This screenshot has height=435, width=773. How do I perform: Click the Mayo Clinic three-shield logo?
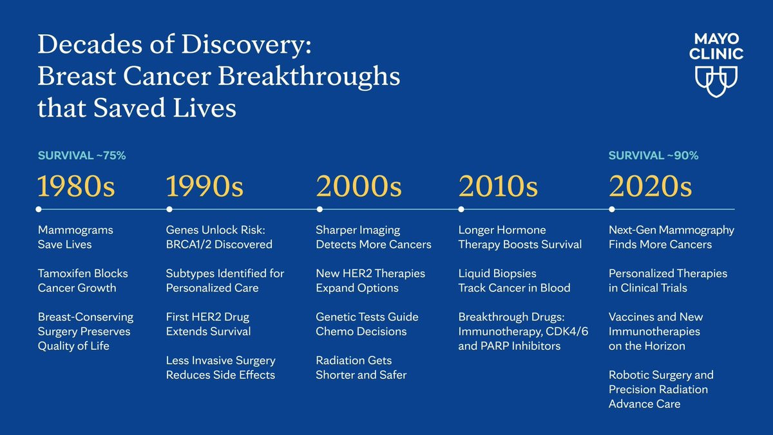716,82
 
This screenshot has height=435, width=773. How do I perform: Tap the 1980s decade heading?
76,186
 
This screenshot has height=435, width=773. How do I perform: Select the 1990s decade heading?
205,186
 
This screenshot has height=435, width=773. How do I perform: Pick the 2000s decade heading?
359,186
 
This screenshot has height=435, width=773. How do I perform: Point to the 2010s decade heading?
498,186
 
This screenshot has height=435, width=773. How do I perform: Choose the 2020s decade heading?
651,186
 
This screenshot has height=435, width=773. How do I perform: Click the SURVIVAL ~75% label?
82,156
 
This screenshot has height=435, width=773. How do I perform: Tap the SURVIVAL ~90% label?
654,156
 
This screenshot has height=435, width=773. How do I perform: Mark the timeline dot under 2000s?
320,209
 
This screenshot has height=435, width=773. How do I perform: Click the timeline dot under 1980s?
39,209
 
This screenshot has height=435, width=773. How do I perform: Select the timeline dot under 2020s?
612,209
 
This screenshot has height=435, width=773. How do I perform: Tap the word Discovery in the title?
246,45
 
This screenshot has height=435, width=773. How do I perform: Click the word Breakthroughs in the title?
309,77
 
